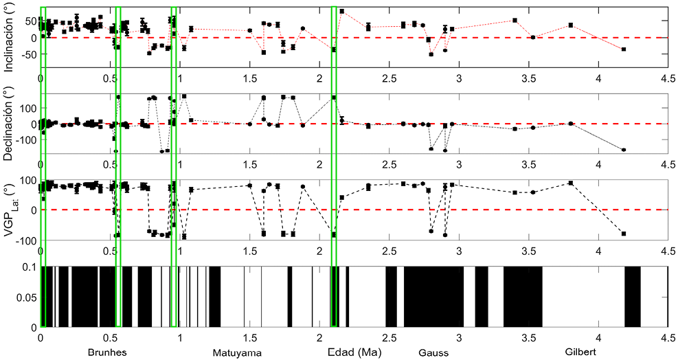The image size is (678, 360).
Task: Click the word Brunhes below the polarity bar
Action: click(x=107, y=352)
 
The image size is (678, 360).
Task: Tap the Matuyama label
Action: click(x=237, y=352)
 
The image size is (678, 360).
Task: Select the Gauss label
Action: click(x=433, y=352)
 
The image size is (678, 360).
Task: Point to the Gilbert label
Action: click(x=580, y=352)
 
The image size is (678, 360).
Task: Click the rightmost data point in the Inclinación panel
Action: click(x=624, y=49)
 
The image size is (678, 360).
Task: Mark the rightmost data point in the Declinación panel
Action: click(x=624, y=150)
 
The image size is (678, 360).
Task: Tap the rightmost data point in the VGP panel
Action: click(x=624, y=234)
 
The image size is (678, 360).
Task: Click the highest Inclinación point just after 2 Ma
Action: click(x=342, y=11)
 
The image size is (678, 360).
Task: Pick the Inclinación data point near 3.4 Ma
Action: click(x=515, y=21)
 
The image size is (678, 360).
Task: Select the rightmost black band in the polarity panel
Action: click(x=633, y=297)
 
